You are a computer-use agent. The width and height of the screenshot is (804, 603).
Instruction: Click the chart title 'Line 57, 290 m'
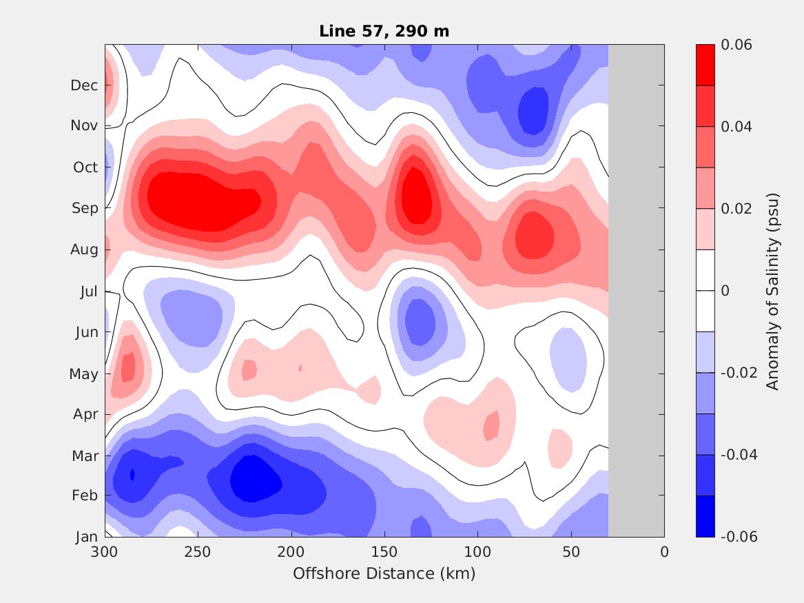[x=384, y=31]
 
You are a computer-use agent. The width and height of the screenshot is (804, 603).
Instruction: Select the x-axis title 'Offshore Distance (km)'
[x=384, y=573]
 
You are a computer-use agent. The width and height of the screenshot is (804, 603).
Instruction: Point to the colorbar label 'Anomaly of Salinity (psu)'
[x=773, y=291]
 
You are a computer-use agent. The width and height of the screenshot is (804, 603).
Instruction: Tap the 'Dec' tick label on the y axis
[x=84, y=85]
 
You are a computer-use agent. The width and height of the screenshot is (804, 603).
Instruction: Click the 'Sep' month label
[x=85, y=208]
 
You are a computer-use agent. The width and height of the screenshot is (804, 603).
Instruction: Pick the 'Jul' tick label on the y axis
[x=89, y=292]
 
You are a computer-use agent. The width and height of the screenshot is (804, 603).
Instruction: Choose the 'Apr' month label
[x=85, y=414]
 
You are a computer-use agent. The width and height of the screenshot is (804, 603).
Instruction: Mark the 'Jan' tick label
[x=86, y=538]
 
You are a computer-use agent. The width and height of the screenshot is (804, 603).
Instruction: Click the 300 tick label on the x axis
[x=105, y=552]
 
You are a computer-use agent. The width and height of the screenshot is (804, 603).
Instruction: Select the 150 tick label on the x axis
[x=384, y=552]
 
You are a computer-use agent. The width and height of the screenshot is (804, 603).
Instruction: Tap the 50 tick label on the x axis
[x=571, y=552]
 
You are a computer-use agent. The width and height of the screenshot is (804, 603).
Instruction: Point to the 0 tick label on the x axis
[x=664, y=552]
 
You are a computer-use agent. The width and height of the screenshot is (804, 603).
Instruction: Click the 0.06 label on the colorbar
[x=736, y=45]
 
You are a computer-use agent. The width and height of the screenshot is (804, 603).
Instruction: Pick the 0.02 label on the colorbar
[x=736, y=209]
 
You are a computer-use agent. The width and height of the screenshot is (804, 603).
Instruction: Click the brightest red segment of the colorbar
[x=705, y=65]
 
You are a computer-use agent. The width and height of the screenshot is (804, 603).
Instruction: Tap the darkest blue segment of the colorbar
[x=705, y=516]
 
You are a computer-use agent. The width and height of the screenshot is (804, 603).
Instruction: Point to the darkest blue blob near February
[x=255, y=479]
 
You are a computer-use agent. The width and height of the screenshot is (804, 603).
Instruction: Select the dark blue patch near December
[x=533, y=108]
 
